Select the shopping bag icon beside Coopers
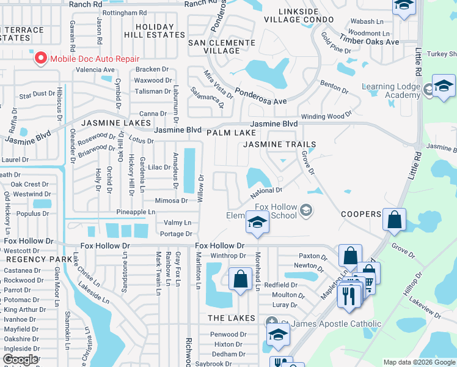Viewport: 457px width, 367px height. pos(395,220)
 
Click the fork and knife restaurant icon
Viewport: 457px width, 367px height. pos(348,297)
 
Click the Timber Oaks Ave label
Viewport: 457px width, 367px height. pos(370,42)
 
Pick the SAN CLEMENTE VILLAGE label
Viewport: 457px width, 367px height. pos(221,46)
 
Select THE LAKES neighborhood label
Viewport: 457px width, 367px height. pos(231,318)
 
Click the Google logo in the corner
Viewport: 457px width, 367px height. pos(20,360)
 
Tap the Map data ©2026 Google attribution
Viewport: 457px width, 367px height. pos(419,363)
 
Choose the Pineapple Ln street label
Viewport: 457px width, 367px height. pos(136,212)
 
